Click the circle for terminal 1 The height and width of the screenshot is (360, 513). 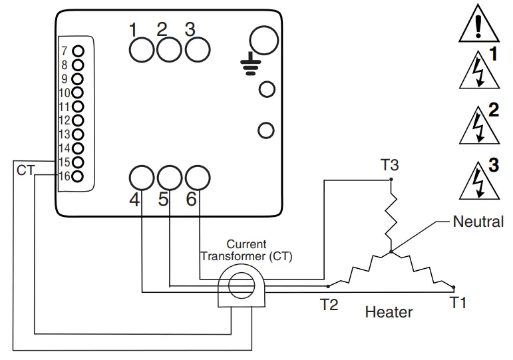click(x=141, y=49)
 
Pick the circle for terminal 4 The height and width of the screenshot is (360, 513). click(x=141, y=178)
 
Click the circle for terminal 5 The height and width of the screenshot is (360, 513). click(x=170, y=178)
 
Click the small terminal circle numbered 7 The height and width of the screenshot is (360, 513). click(x=78, y=51)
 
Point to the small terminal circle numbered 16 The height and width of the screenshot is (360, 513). click(x=78, y=176)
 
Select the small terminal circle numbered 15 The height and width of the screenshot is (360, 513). click(x=78, y=162)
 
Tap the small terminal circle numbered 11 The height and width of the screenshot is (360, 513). click(x=78, y=106)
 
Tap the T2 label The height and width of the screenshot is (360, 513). click(x=329, y=305)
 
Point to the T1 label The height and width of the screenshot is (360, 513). click(x=458, y=303)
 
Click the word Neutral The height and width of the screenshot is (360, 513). click(x=478, y=222)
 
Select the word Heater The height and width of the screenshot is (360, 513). click(x=389, y=311)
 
